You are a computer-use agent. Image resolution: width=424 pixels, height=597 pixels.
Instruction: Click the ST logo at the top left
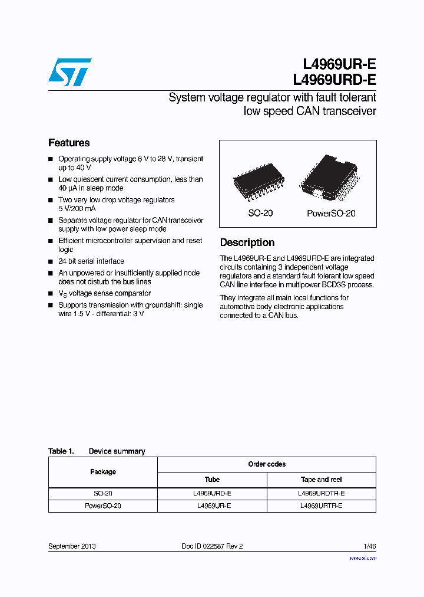coord(69,72)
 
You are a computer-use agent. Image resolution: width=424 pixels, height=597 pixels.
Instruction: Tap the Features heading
coord(69,143)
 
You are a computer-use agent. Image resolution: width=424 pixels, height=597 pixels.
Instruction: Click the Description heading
coord(247,242)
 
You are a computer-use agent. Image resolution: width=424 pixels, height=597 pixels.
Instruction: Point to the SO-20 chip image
coord(260,180)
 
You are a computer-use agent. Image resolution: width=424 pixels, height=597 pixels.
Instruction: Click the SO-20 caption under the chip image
coord(260,214)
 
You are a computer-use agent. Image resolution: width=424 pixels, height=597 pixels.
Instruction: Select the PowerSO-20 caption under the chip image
coord(331,214)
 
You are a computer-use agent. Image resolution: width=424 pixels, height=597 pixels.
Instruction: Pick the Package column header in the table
coord(103,472)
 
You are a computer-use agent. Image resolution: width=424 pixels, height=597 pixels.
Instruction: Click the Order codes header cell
coord(267,464)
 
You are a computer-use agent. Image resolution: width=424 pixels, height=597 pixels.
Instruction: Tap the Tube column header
coord(212,480)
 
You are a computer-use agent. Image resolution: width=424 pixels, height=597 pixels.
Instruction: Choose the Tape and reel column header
coord(322,480)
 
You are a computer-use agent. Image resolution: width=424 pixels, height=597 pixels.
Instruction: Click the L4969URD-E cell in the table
coord(212,493)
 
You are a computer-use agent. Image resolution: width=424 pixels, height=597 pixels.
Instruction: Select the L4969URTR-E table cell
coord(322,506)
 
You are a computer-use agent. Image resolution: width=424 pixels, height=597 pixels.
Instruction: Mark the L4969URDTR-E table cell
coord(322,493)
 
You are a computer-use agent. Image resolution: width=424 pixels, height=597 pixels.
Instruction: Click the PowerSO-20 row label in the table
coord(103,506)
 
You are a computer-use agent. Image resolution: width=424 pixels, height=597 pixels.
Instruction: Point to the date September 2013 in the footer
coord(72,546)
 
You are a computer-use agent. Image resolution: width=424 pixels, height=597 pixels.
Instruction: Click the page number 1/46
coord(369,546)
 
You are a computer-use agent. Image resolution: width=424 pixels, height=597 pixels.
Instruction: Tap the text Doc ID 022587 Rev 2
coord(212,546)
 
